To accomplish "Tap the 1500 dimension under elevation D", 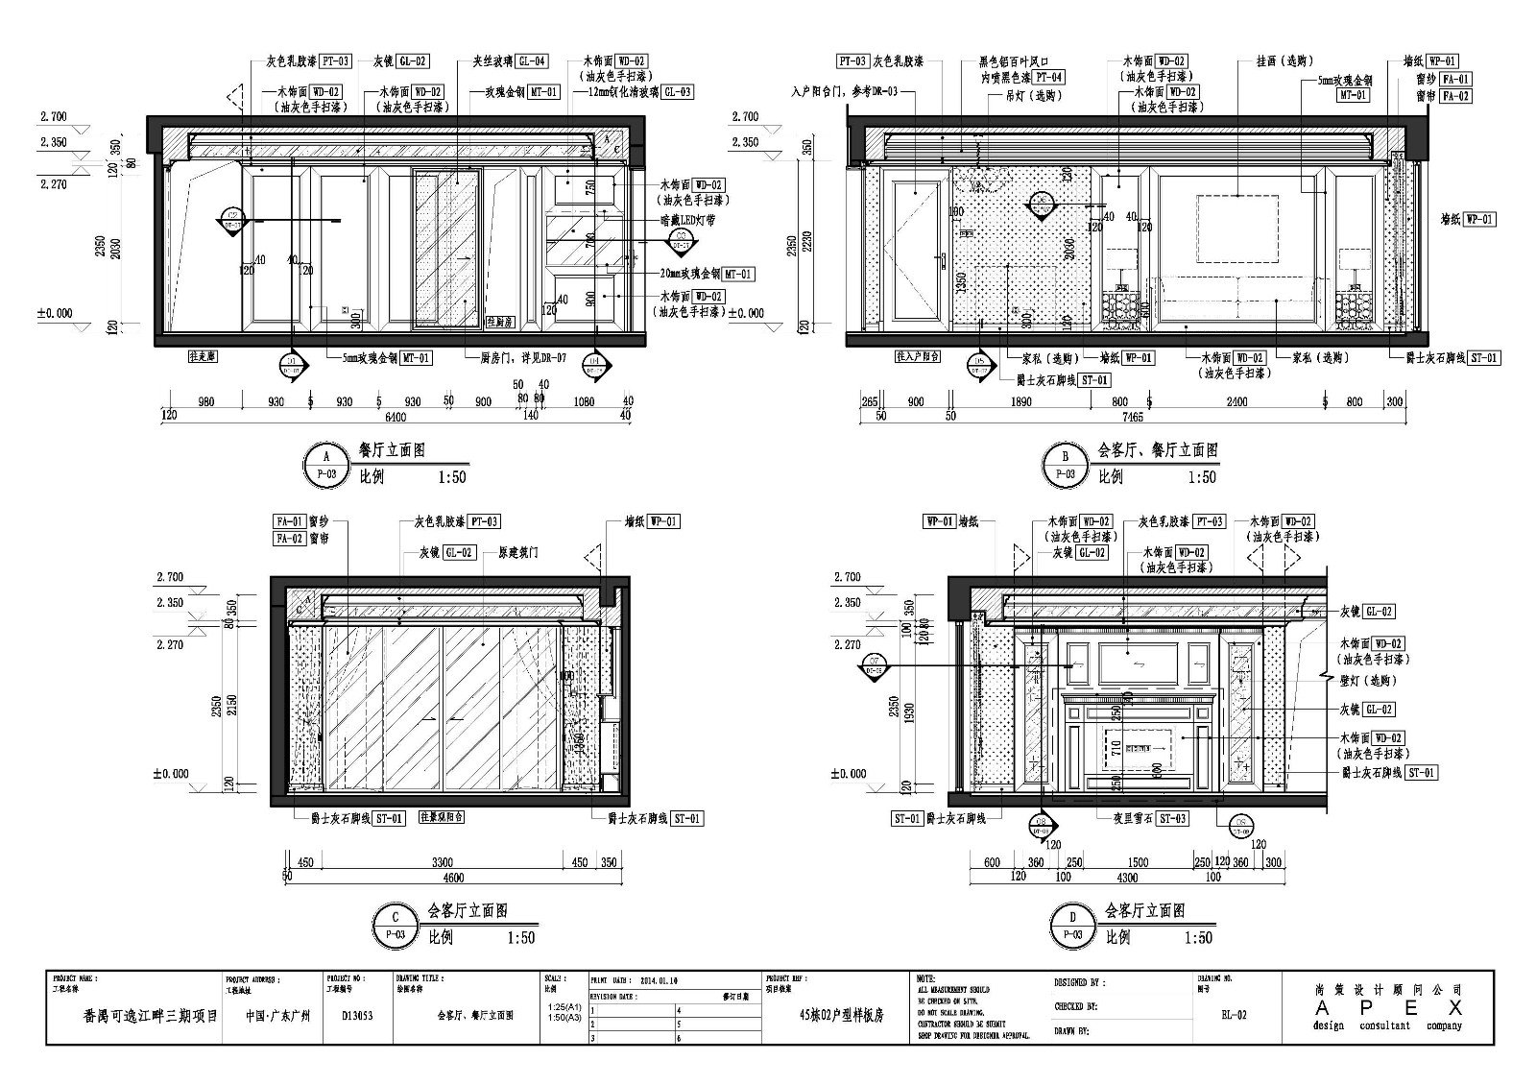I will [x=1138, y=862].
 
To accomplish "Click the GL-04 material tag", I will [x=532, y=60].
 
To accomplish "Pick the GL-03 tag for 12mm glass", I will [x=677, y=92].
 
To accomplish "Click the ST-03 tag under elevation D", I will [x=1171, y=818].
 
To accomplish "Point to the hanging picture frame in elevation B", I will [x=1237, y=227].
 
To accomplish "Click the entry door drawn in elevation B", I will [x=917, y=252].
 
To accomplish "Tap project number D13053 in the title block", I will [x=356, y=1014].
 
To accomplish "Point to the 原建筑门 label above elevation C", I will [x=517, y=553].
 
